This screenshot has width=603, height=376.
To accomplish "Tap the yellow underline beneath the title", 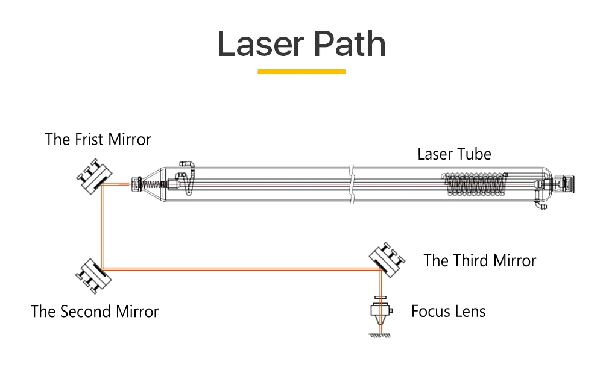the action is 301,71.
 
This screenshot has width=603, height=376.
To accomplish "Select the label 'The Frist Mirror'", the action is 98,140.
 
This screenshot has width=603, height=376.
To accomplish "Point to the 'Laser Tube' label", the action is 454,154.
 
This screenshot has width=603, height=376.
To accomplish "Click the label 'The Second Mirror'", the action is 95,312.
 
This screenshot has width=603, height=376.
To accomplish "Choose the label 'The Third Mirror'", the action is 479,261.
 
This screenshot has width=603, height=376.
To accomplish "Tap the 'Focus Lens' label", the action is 448,312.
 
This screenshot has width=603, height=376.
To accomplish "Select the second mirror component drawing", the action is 90,276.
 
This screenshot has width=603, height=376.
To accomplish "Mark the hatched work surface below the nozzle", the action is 379,335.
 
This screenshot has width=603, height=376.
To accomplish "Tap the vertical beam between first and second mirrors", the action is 103,226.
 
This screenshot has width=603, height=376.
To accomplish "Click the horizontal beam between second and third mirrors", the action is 241,269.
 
